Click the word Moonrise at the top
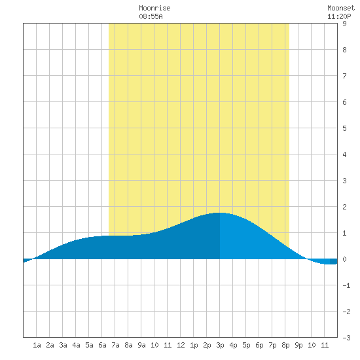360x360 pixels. pos(154,8)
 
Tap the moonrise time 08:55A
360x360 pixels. pos(151,16)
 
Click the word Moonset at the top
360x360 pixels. pos(341,8)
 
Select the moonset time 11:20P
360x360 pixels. pos(339,16)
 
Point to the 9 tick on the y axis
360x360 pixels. pos(344,24)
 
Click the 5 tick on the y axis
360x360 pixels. pos(344,128)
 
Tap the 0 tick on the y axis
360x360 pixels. pos(344,259)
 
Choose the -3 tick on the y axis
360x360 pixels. pos(346,338)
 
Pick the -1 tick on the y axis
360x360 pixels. pos(346,285)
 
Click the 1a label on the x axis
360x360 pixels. pos(37,345)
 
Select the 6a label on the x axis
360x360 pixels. pos(102,345)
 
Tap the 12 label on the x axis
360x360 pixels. pos(181,345)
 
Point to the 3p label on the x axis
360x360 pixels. pos(220,345)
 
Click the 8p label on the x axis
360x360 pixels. pos(285,345)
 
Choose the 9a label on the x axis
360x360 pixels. pos(141,345)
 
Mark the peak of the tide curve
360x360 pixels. pos(220,213)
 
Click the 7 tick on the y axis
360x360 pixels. pos(344,76)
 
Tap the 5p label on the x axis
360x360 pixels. pos(246,345)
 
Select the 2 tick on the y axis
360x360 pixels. pos(344,207)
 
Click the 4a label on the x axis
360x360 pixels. pos(76,345)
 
